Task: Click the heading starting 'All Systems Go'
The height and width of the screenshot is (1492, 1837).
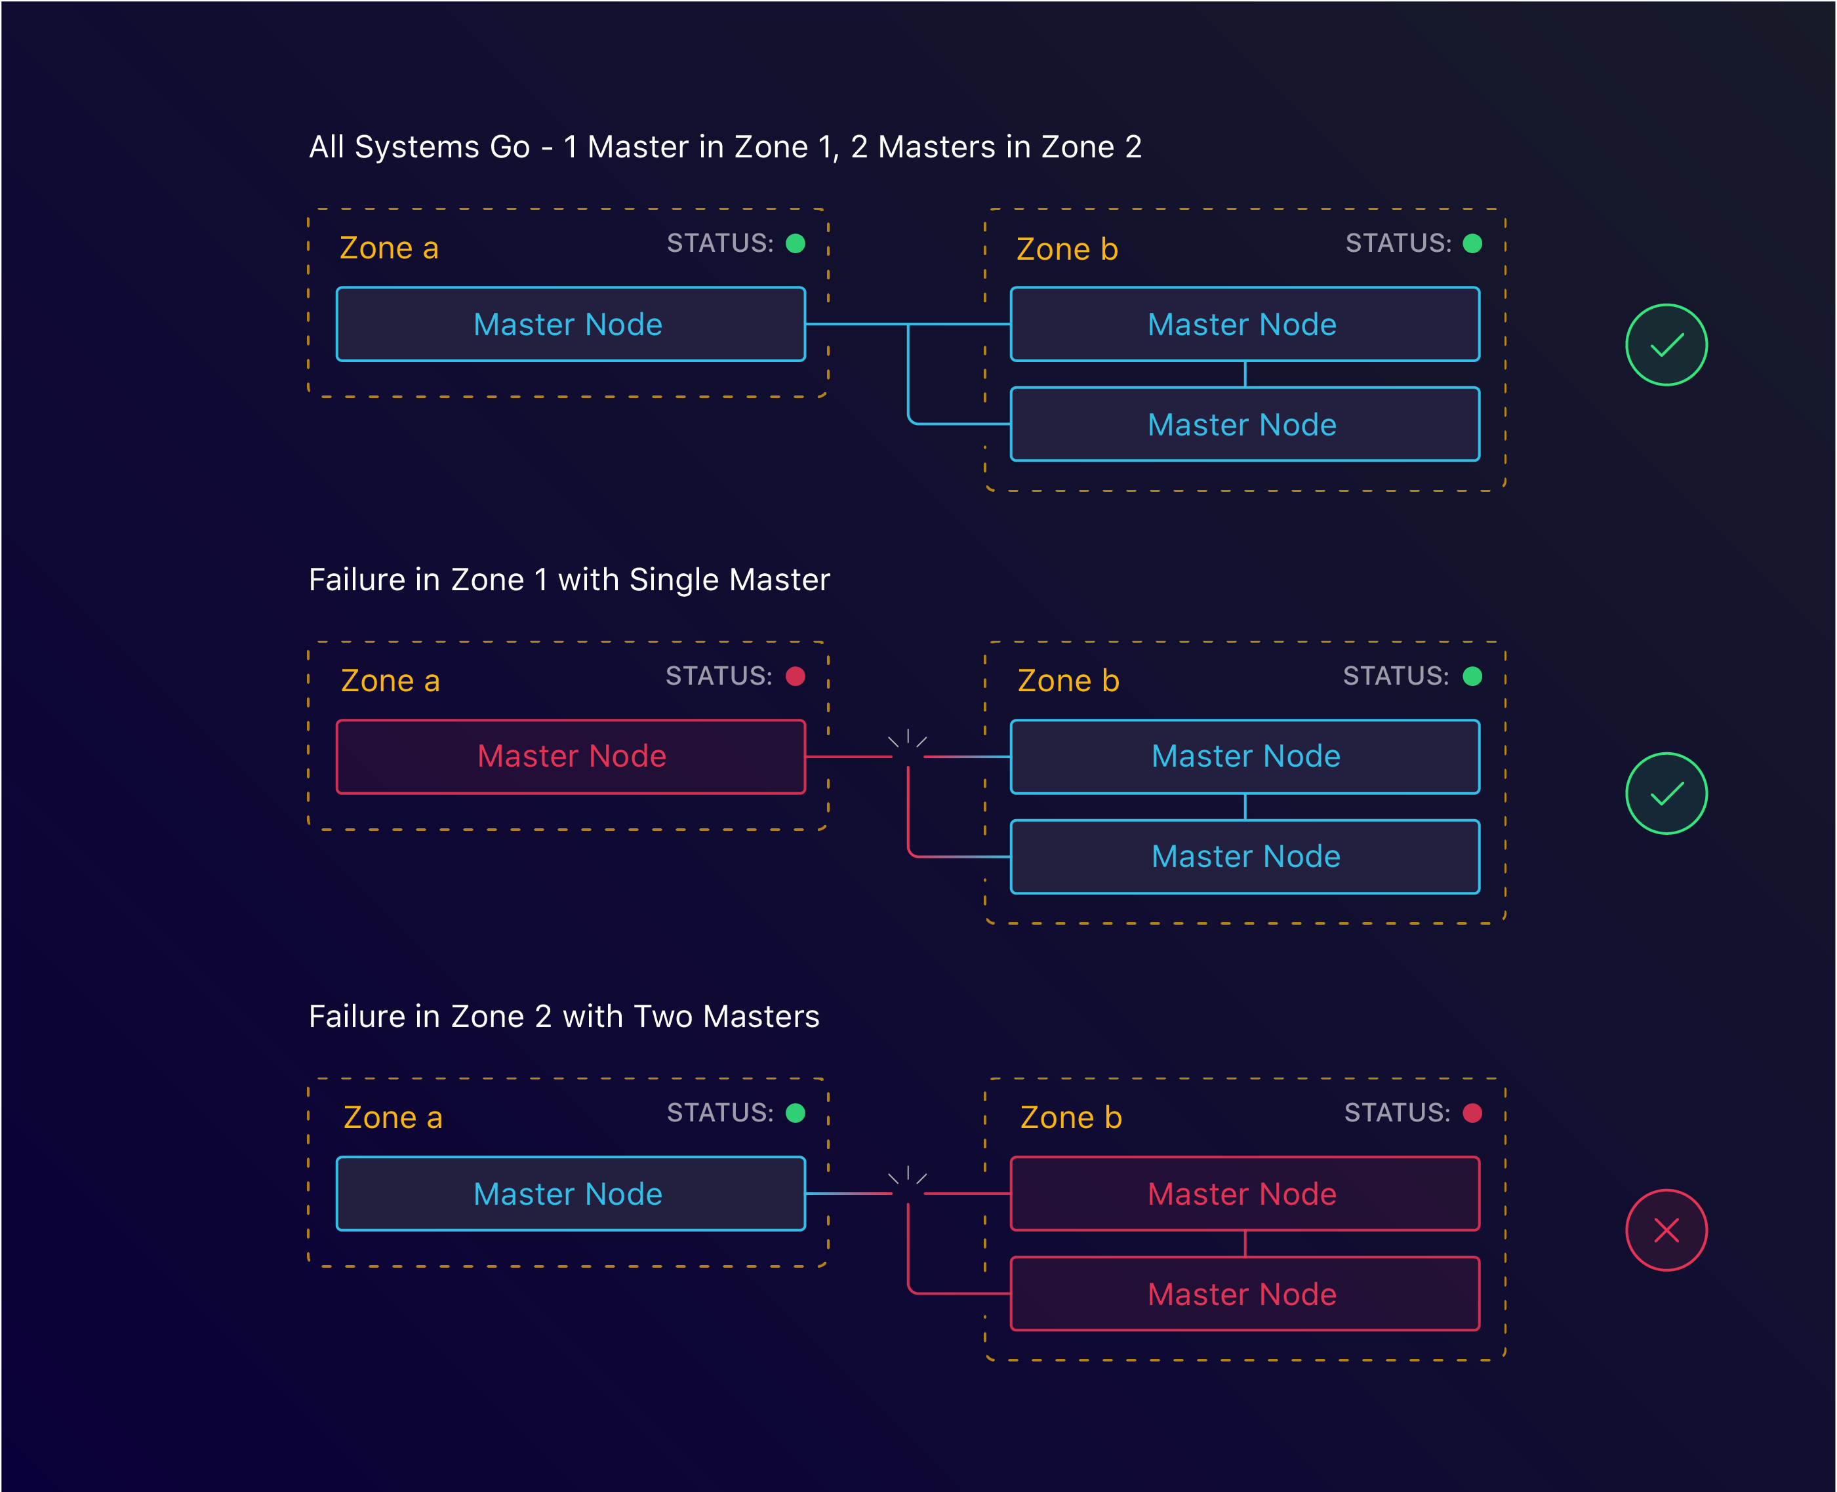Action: [x=725, y=147]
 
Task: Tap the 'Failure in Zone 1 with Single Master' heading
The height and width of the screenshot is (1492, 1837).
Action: [x=569, y=580]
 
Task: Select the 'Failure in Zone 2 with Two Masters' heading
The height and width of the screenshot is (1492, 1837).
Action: [x=564, y=1017]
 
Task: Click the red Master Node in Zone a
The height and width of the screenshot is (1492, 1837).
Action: [x=571, y=756]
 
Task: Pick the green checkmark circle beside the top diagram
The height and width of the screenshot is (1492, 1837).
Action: [x=1666, y=345]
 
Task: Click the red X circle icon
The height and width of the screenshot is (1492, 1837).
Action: [x=1666, y=1230]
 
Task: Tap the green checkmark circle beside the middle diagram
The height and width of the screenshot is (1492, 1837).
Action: [x=1666, y=794]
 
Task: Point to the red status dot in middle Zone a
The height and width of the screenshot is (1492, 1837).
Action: [x=795, y=676]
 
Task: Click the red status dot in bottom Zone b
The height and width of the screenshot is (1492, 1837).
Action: [x=1472, y=1113]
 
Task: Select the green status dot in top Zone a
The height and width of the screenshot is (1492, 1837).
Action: [x=795, y=243]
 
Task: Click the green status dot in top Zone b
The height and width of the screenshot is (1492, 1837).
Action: [x=1472, y=243]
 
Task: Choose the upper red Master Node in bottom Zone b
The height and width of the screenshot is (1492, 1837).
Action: [x=1244, y=1194]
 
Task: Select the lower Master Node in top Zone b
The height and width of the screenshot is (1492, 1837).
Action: [x=1244, y=424]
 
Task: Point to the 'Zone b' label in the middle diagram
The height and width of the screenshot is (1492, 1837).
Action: [x=1068, y=681]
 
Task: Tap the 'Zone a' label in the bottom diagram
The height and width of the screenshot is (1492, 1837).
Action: [x=393, y=1118]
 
